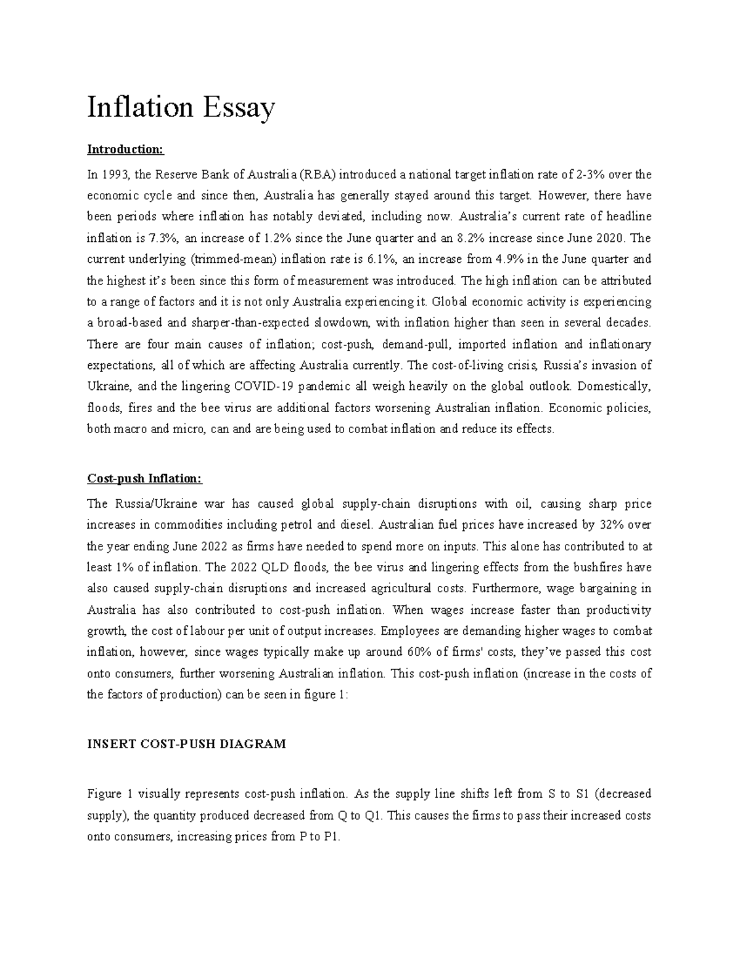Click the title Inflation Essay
pos(181,109)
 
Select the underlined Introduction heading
pos(126,149)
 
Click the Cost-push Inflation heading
pos(144,479)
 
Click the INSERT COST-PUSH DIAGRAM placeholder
pos(186,744)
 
